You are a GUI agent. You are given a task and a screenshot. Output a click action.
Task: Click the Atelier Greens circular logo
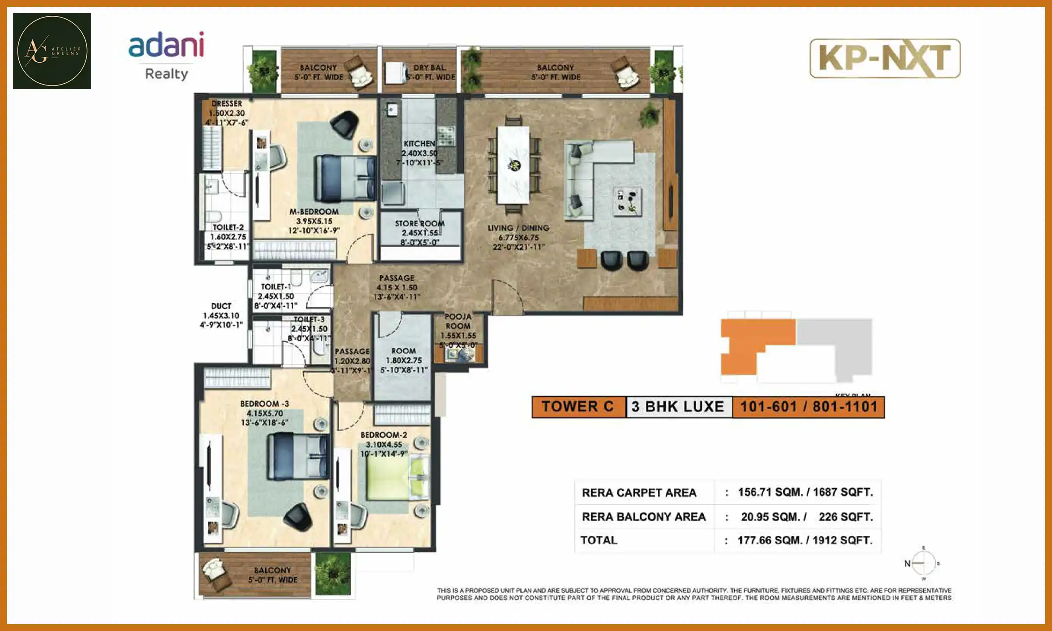(52, 51)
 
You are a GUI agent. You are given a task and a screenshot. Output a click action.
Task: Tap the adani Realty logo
(166, 55)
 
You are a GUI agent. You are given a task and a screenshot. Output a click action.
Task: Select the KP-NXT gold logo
(885, 59)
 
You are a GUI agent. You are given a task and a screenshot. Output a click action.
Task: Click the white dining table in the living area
(513, 165)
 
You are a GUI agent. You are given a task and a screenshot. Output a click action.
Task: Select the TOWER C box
(578, 407)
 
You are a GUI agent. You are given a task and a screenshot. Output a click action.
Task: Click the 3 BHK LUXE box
(679, 407)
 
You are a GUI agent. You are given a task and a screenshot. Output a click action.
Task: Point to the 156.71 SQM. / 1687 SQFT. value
(805, 492)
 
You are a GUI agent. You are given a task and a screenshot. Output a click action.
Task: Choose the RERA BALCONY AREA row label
(643, 517)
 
